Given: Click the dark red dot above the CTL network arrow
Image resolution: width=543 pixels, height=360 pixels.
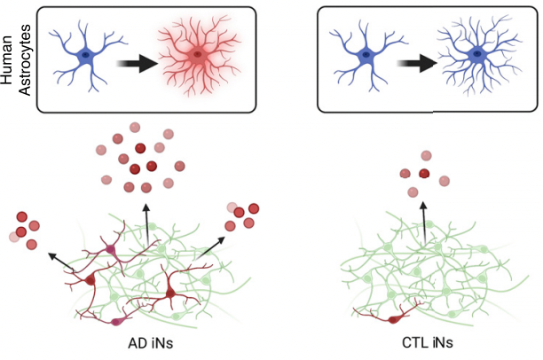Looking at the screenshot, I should [424, 174].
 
